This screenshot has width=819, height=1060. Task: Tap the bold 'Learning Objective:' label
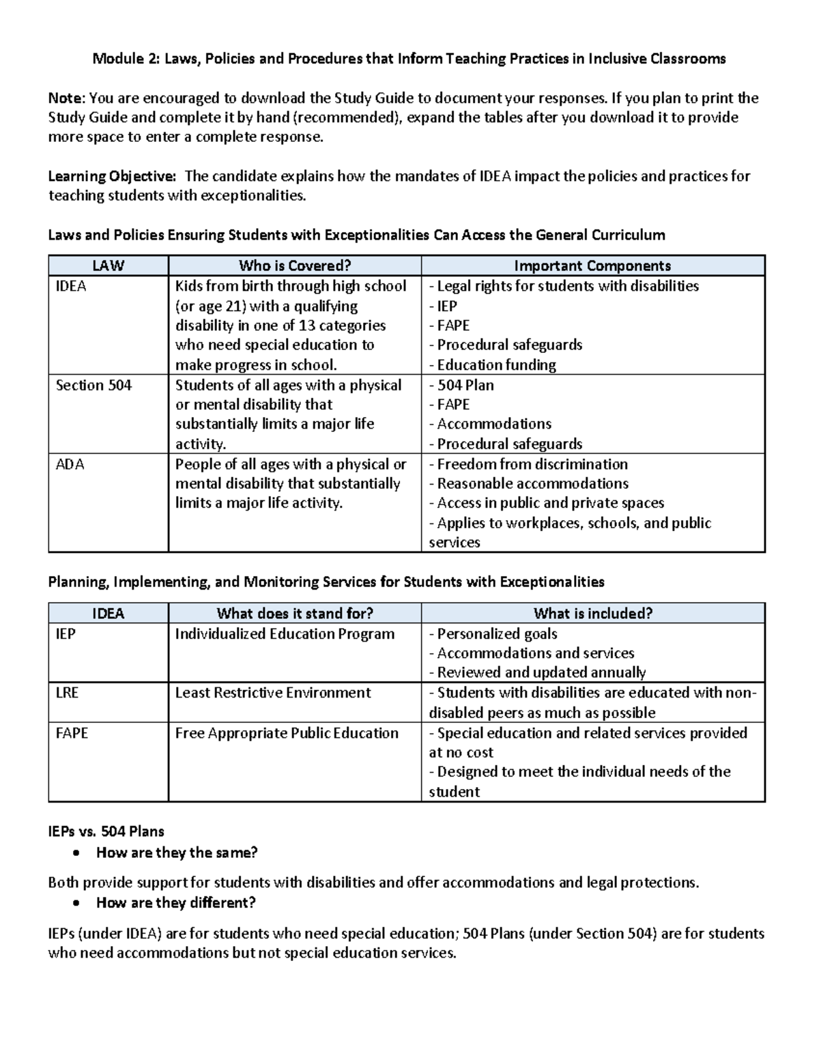112,177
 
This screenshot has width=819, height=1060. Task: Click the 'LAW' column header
108,266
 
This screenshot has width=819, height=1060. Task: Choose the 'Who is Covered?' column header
294,266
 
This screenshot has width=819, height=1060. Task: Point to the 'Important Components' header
592,266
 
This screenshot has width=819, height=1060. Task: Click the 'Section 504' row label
94,386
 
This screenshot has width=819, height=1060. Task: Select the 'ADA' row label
70,465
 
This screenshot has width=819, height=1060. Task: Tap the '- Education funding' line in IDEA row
492,365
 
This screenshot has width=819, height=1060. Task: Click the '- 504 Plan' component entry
461,386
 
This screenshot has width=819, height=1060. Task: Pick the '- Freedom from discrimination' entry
528,465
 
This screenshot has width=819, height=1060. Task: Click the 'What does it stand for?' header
295,614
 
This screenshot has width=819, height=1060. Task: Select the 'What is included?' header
592,614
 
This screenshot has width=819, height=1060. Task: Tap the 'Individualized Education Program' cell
285,634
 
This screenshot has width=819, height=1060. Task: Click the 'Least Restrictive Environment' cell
273,693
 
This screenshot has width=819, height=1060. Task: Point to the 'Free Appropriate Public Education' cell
287,733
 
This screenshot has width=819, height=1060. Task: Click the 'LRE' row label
67,693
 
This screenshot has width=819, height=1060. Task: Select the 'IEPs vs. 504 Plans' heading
106,832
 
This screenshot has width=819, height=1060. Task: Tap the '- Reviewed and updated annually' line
537,673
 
